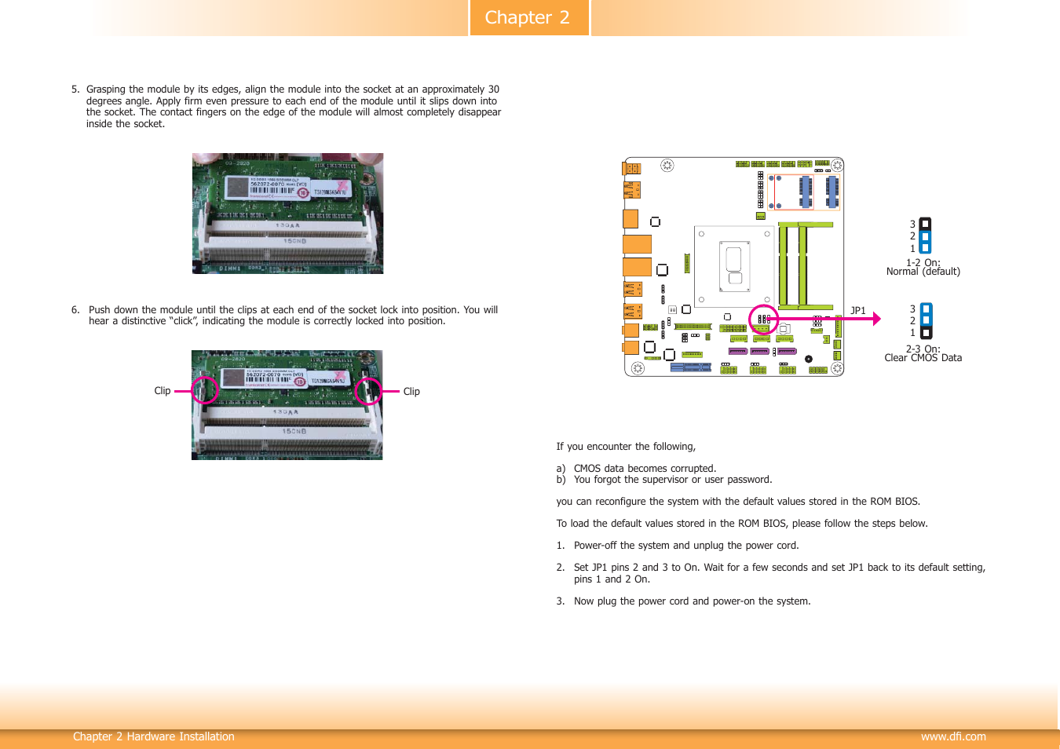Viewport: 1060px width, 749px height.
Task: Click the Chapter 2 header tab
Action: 528,17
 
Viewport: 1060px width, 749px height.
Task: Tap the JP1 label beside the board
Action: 858,311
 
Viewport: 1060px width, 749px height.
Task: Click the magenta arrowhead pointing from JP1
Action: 876,319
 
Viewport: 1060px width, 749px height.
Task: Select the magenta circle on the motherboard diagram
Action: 763,320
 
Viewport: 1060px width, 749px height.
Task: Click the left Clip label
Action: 163,391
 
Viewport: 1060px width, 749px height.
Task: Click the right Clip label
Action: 411,392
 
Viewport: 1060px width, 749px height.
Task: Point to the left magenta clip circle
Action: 205,390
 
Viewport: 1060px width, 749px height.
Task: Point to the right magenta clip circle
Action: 368,391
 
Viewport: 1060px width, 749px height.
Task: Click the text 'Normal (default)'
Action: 923,272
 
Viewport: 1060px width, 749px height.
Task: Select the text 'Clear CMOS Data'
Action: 923,358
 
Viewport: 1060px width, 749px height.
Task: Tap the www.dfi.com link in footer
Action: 953,736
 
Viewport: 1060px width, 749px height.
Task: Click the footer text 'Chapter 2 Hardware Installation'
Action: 154,736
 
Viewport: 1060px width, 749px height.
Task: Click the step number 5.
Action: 75,90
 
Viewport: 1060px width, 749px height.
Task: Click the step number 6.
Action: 75,310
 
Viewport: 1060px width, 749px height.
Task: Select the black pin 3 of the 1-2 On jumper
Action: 925,224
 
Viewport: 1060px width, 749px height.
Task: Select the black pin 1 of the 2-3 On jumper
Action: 926,333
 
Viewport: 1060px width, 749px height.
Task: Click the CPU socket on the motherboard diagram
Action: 734,266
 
